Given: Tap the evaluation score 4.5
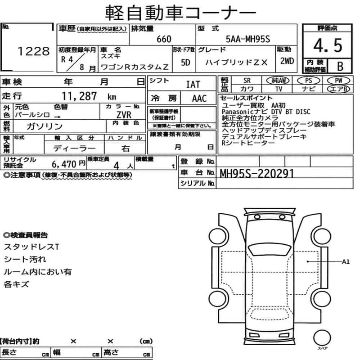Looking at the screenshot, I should pos(328,45).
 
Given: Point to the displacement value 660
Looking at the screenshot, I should pos(164,39).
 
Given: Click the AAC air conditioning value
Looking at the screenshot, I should pos(199,99).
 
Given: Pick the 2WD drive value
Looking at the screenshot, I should pos(287,61).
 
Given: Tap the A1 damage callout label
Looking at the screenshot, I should pos(346,261).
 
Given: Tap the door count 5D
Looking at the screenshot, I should pos(184,63).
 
